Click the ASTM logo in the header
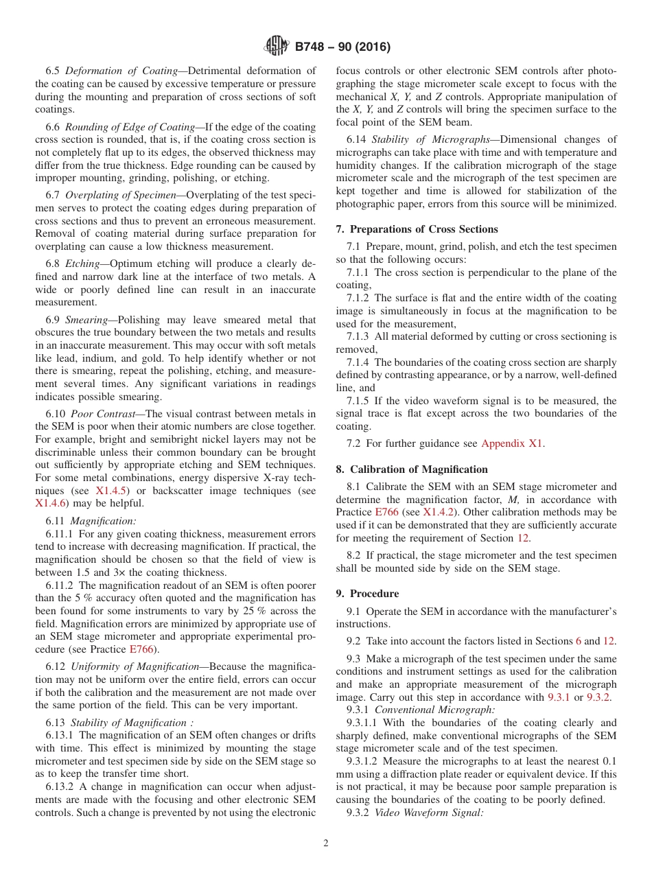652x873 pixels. tap(277, 47)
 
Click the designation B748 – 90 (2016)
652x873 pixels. tap(342, 47)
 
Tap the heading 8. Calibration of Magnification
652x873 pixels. tap(412, 469)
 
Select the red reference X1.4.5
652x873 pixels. tap(111, 491)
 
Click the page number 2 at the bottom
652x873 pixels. tap(326, 843)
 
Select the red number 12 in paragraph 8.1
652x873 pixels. tap(523, 538)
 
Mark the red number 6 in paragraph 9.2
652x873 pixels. tap(578, 641)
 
